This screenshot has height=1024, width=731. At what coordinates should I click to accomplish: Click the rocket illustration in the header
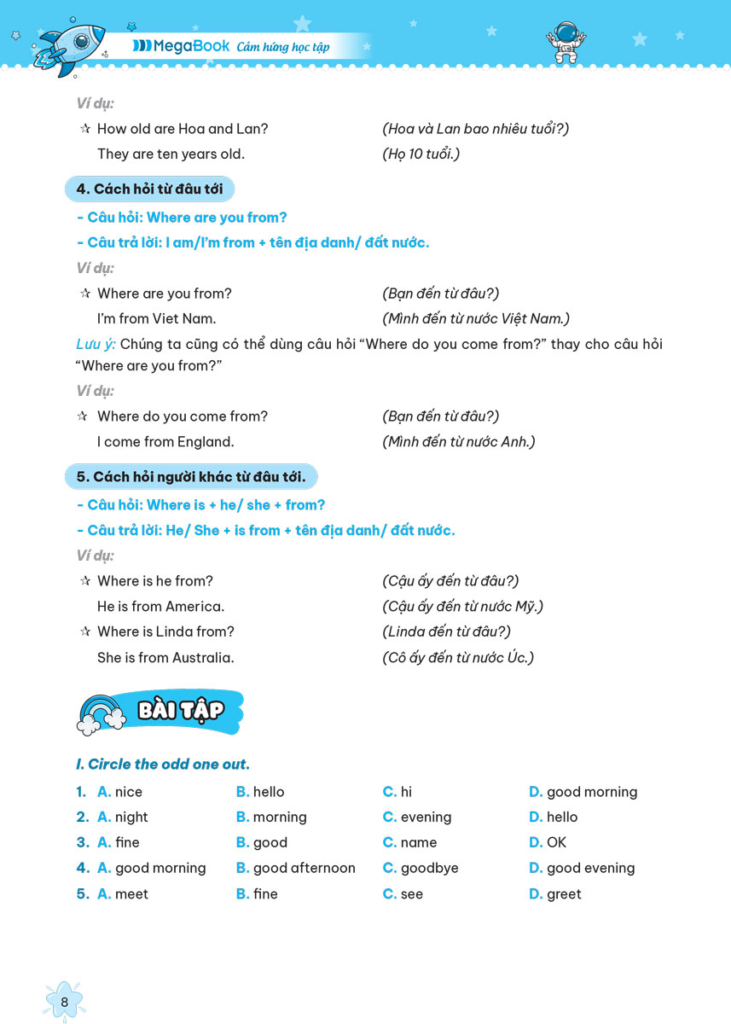[x=68, y=44]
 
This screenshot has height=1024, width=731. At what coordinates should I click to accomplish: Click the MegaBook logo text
[x=183, y=46]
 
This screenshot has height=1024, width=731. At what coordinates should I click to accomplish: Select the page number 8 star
[x=64, y=1001]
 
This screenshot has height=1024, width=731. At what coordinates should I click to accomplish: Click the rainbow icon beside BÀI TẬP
[x=101, y=713]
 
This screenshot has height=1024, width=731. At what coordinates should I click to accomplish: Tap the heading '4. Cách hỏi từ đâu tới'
[x=151, y=189]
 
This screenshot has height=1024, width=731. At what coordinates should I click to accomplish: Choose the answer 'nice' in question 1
[x=128, y=792]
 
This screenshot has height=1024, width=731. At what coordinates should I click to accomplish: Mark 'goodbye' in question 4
[x=429, y=868]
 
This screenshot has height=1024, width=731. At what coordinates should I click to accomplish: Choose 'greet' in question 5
[x=564, y=894]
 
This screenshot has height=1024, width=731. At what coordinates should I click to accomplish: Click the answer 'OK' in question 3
[x=556, y=842]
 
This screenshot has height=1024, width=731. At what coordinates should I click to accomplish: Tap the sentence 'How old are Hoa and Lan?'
[x=183, y=129]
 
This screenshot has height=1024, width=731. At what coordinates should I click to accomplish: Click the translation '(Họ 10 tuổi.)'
[x=421, y=154]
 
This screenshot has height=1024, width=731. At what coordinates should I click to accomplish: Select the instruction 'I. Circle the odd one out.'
[x=163, y=764]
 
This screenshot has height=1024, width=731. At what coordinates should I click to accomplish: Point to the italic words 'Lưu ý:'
[x=95, y=344]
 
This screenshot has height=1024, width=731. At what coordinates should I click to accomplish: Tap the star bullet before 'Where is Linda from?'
[x=84, y=632]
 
